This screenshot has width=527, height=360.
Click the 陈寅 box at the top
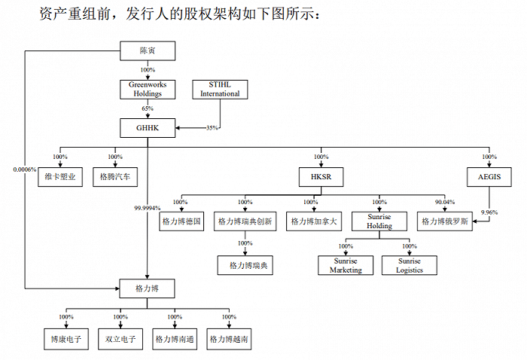(x=148, y=50)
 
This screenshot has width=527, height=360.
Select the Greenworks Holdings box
(x=148, y=90)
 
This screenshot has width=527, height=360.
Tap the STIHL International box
(x=220, y=90)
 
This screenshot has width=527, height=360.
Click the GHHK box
(x=148, y=128)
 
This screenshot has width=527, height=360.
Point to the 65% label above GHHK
(x=148, y=108)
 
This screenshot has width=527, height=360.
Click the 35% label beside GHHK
(x=212, y=128)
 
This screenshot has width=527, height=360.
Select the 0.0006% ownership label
(x=25, y=169)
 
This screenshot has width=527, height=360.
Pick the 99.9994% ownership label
(x=148, y=208)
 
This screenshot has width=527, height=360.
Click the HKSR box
(x=321, y=177)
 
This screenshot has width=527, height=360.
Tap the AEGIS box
(x=489, y=177)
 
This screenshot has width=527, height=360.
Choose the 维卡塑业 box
(x=60, y=177)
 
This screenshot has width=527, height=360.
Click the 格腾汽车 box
(x=115, y=177)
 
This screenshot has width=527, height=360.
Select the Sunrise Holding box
(x=379, y=221)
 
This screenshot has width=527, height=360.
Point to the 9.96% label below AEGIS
(x=489, y=212)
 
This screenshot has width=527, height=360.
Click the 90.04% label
(x=445, y=202)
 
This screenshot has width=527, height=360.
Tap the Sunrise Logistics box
(x=410, y=266)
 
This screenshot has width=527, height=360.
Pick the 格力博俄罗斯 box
(x=445, y=221)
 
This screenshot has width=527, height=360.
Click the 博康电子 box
(x=66, y=339)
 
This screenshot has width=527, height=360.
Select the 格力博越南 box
(x=229, y=339)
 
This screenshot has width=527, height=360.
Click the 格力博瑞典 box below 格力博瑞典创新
(x=245, y=266)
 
